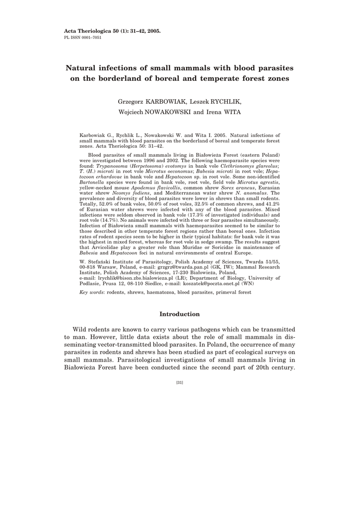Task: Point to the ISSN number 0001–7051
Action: (90, 37)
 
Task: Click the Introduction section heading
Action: (180, 314)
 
